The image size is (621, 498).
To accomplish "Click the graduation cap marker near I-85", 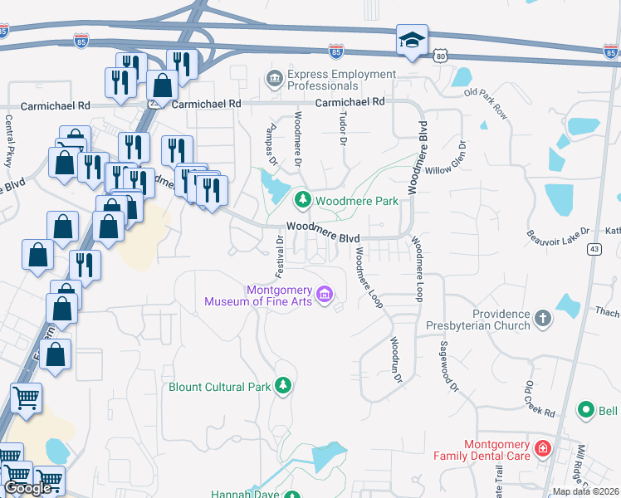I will (411, 40).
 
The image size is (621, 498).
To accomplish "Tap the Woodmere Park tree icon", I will (303, 200).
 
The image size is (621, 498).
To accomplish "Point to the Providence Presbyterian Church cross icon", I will (542, 318).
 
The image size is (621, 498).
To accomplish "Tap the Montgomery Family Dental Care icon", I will (543, 449).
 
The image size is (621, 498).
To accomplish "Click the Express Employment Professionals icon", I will (274, 79).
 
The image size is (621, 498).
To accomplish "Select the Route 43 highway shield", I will (594, 249).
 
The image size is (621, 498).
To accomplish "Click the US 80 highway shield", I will (441, 55).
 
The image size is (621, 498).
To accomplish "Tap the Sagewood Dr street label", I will (449, 366).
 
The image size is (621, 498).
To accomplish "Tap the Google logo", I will (27, 488).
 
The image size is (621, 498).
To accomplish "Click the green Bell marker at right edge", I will (586, 409).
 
